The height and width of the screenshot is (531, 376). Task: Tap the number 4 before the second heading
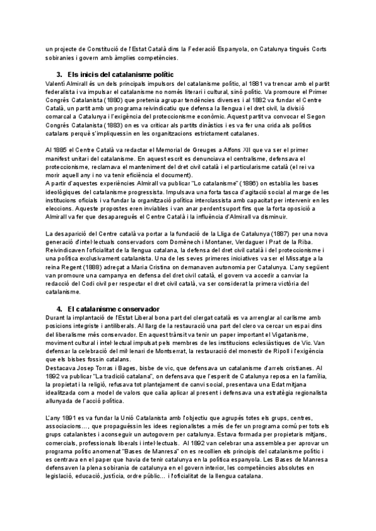[x=58, y=309]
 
